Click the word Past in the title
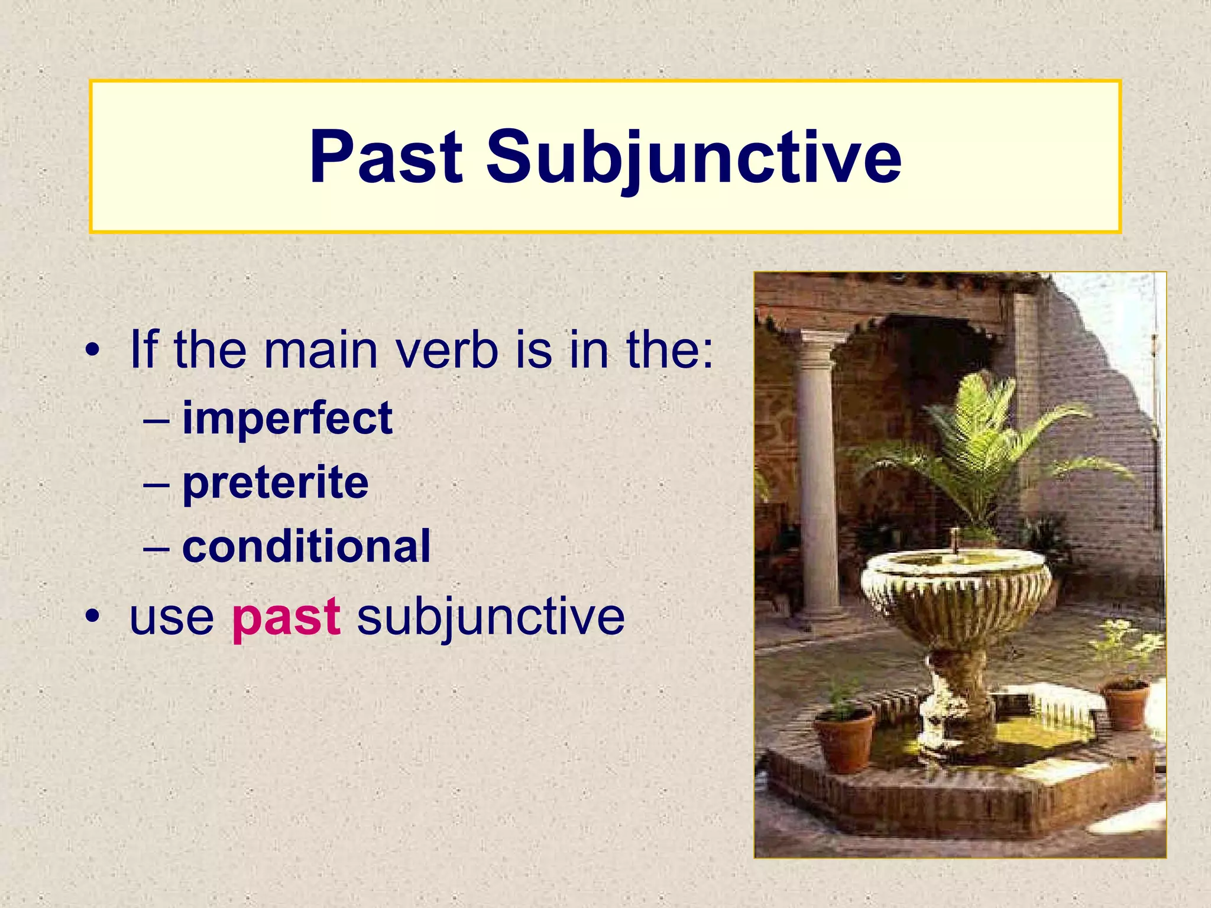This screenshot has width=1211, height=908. (x=386, y=157)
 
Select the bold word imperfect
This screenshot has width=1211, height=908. (x=287, y=419)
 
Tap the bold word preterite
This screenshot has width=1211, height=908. (x=276, y=482)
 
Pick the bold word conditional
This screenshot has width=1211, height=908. (x=306, y=546)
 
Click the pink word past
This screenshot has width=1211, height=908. (x=286, y=617)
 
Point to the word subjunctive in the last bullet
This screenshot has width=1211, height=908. (x=491, y=617)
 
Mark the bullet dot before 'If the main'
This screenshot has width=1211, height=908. (x=92, y=351)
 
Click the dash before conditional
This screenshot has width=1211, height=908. (x=156, y=547)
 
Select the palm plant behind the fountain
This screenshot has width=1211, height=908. (x=982, y=449)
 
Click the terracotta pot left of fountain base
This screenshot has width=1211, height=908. (x=844, y=742)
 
